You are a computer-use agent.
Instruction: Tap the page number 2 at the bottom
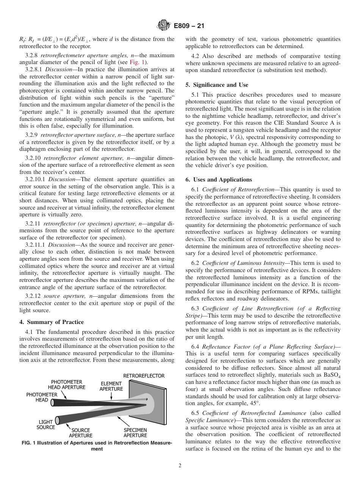point(180,466)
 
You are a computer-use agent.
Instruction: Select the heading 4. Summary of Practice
point(52,322)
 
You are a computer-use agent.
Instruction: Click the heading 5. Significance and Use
point(217,85)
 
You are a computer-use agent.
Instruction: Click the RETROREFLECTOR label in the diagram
point(144,376)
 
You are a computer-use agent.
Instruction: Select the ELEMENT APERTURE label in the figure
point(111,386)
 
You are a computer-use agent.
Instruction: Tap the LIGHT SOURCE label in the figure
point(45,424)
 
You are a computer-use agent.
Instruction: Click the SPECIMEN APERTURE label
point(135,433)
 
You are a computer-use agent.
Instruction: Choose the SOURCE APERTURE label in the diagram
point(81,433)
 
